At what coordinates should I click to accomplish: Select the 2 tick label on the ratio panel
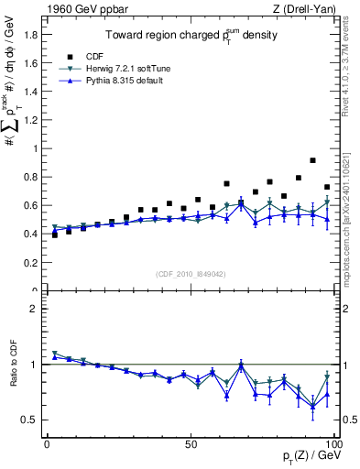[38, 309]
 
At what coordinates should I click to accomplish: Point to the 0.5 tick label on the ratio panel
[34, 420]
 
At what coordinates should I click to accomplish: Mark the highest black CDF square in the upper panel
[313, 160]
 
